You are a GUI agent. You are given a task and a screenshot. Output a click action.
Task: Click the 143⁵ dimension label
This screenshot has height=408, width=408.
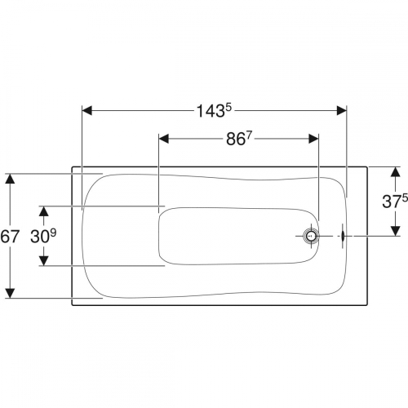tap(214, 111)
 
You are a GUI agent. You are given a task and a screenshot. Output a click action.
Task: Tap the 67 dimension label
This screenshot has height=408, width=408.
tap(10, 236)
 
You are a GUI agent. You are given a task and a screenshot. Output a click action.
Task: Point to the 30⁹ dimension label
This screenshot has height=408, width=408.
tap(43, 236)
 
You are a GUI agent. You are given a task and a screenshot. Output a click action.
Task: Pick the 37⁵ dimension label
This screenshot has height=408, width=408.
tap(395, 202)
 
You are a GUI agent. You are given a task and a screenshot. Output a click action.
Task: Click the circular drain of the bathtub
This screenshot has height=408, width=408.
tap(311, 236)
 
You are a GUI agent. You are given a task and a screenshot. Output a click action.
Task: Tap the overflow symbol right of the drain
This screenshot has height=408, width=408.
tap(343, 236)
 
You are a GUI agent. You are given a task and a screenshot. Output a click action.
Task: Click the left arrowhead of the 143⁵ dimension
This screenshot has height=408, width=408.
tap(87, 111)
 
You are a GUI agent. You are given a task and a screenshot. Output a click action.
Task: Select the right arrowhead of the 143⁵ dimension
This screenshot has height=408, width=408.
tap(342, 111)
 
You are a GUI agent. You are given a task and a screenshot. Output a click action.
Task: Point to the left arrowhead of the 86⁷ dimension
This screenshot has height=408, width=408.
tap(164, 139)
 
